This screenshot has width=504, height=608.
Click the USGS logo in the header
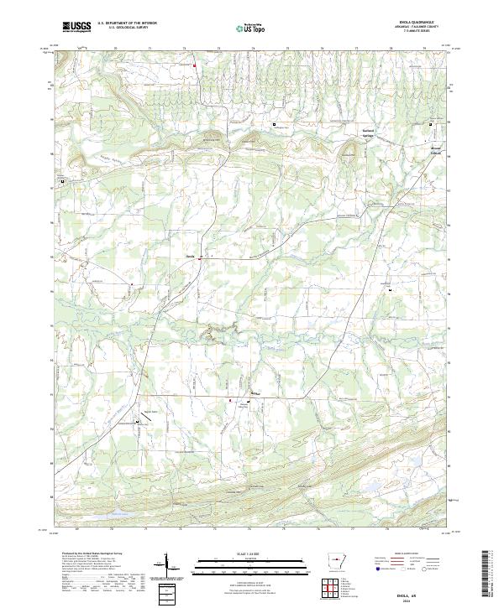click(76, 27)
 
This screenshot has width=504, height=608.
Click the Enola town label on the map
click(190, 256)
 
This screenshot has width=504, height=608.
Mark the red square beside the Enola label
click(199, 258)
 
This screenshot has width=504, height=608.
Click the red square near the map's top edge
click(194, 65)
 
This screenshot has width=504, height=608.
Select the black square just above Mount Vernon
click(432, 124)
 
